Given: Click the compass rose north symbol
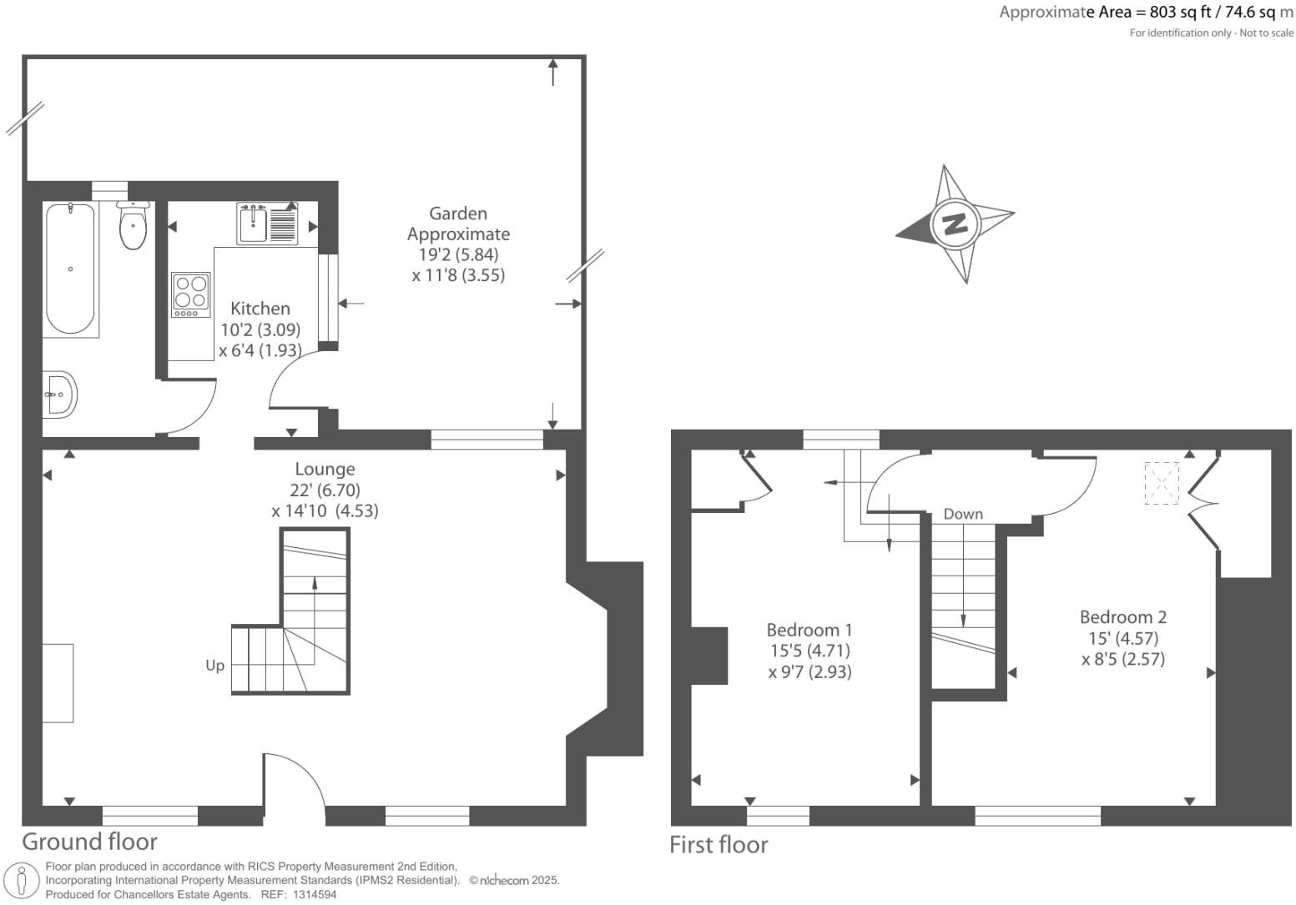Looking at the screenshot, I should (955, 224).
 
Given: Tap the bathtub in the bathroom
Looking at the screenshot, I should (70, 269).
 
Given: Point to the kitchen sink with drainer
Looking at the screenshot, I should (267, 223).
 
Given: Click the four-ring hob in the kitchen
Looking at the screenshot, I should (190, 294).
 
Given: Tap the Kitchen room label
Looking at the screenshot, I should (260, 309).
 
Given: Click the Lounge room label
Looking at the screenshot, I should (325, 469).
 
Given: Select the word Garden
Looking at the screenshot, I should (458, 214).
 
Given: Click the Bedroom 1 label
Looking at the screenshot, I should (809, 630).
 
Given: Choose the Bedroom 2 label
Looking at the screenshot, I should (1122, 617).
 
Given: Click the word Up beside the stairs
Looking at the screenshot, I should (214, 666).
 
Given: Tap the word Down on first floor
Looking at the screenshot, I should (963, 515).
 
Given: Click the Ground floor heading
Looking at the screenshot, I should (89, 841).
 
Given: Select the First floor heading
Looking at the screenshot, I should (719, 845).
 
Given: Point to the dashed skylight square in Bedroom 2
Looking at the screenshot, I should (1162, 483).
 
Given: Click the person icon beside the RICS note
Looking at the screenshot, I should (23, 881).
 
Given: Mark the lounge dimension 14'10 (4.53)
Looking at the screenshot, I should (325, 510).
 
